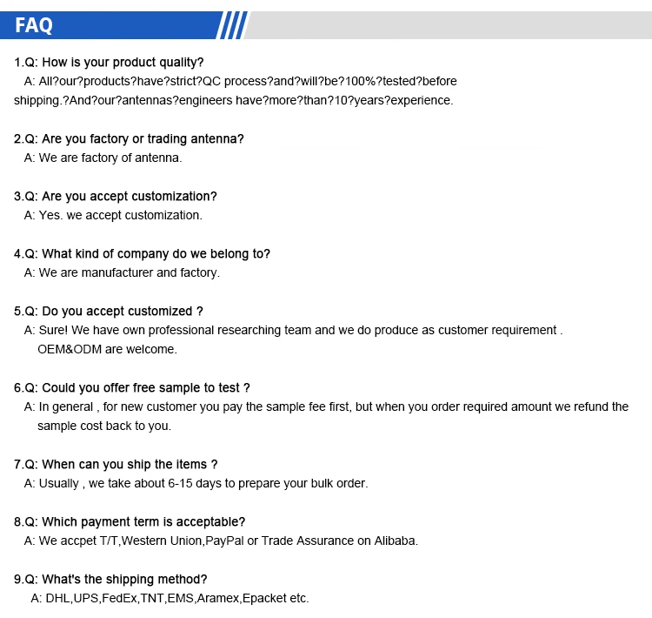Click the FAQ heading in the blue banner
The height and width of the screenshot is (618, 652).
pos(34,25)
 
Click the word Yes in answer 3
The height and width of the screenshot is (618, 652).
pos(49,216)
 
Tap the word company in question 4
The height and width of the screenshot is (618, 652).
pos(131,254)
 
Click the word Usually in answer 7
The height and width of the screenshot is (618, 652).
pos(59,484)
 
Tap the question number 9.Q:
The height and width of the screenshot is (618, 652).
pos(25,580)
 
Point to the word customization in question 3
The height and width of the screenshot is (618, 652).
pos(173,197)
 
